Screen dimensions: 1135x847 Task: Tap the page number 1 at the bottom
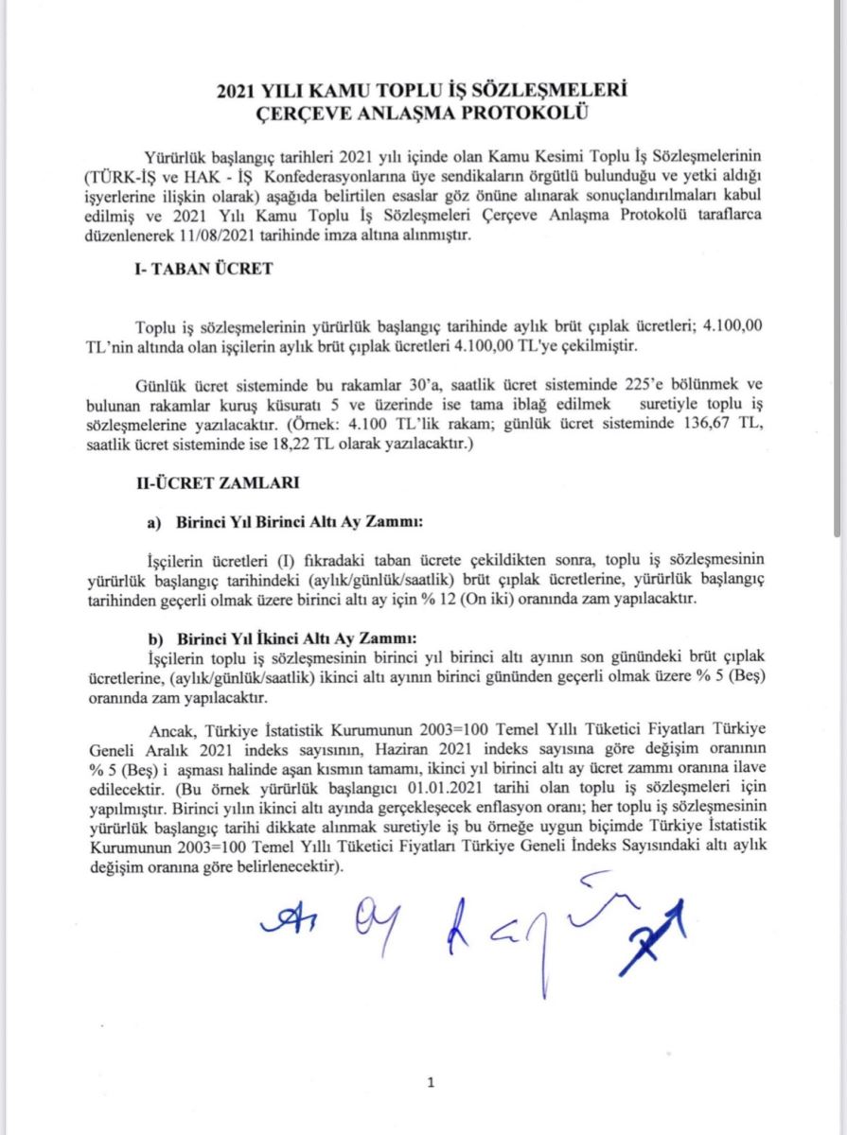(431, 1083)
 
